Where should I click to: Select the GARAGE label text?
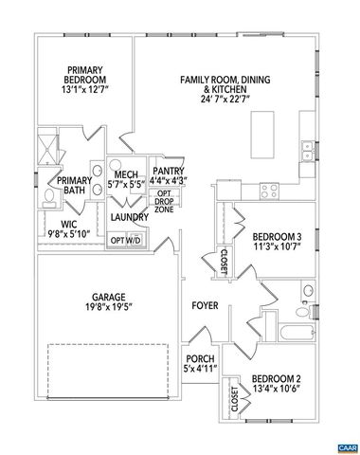105,300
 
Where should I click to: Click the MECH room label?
126,179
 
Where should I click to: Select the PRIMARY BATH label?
74,186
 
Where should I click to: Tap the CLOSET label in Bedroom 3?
224,261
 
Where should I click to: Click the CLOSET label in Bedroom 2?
233,401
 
